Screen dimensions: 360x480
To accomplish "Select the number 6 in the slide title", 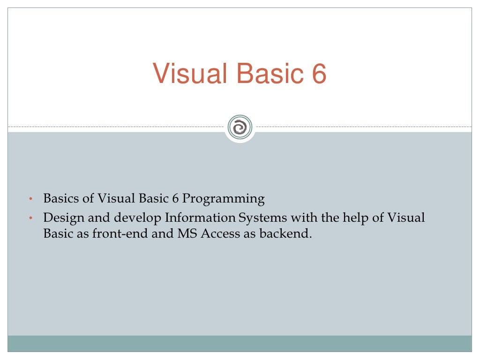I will (317, 74).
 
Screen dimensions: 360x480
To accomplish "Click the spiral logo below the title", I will (240, 127).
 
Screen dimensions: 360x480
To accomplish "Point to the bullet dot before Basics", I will (30, 200).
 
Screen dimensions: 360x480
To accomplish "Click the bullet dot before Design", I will (30, 219).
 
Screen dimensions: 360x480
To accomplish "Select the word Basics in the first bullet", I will (62, 199).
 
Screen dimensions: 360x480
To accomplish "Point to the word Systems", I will (262, 218).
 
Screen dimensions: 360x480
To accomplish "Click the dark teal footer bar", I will (240, 343).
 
